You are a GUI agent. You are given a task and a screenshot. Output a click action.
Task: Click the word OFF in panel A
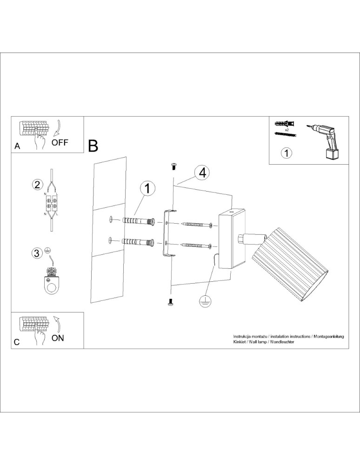pos(60,142)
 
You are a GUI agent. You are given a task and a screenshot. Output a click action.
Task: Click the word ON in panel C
pos(58,338)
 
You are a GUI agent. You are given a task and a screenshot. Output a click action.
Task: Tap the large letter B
pos(93,146)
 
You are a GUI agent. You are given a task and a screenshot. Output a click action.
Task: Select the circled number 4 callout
pos(202,173)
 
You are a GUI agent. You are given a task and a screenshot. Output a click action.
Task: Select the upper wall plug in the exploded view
pos(139,221)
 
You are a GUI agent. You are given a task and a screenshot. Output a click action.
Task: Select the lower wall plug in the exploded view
pos(138,242)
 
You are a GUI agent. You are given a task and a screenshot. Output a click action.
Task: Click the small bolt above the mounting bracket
pos(174,165)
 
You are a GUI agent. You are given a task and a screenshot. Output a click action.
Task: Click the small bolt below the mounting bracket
pos(170,303)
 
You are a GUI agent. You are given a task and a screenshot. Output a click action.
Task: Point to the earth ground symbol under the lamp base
pos(203,301)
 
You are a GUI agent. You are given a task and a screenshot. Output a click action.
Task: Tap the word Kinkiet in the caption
pos(240,342)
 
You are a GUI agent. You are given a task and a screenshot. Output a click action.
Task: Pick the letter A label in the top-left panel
pos(17,146)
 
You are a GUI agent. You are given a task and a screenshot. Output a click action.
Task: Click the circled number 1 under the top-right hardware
pos(287,153)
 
